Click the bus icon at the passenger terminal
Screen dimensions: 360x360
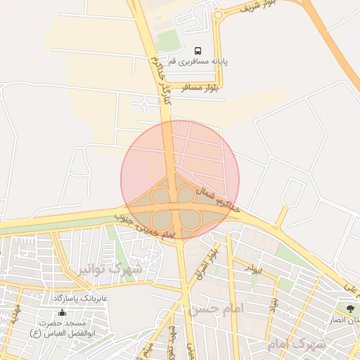[x=197, y=51]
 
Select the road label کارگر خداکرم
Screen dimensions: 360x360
[x=160, y=79]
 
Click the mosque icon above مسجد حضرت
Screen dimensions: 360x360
[x=62, y=312]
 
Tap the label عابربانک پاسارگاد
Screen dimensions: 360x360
[x=80, y=299]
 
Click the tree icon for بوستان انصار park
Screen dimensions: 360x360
[x=349, y=307]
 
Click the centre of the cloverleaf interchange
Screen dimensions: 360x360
[x=176, y=205]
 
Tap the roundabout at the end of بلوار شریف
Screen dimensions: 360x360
[x=219, y=14]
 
